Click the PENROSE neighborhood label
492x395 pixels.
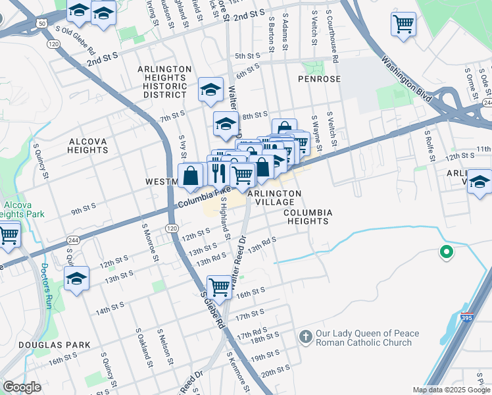pos(319,79)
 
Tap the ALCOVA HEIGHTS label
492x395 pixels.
pos(87,145)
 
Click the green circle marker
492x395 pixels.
pos(446,251)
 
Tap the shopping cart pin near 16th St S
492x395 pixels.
pos(219,286)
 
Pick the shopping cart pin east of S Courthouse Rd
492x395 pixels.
pos(403,24)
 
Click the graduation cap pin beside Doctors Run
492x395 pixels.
pos(76,278)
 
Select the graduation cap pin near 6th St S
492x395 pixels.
pos(210,89)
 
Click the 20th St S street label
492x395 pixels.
pos(276,373)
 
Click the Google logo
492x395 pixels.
pos(22,388)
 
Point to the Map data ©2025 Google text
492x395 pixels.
pos(451,390)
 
